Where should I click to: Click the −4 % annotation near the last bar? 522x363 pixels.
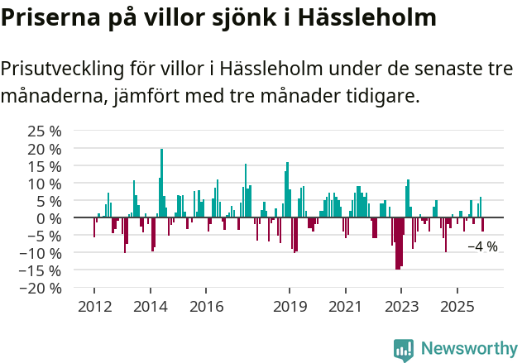click(482, 246)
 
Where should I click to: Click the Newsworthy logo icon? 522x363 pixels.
click(404, 350)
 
